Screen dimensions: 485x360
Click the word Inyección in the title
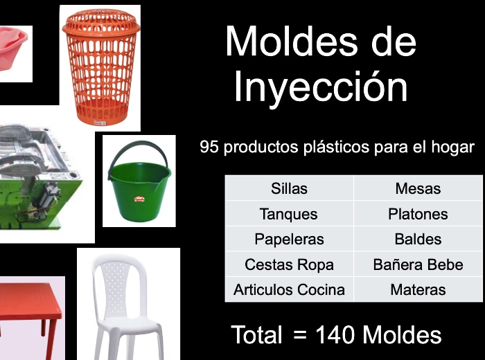[321, 86]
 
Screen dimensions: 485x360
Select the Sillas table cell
[289, 188]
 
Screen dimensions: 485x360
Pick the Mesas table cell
[418, 188]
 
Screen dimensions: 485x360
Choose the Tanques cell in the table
[289, 213]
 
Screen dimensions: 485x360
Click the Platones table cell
[418, 213]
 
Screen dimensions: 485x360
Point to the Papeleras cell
[289, 239]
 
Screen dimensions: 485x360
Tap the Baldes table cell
[418, 239]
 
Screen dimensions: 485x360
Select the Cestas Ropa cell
[289, 264]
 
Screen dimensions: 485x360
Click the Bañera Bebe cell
[418, 264]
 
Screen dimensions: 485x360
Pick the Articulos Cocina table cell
[289, 289]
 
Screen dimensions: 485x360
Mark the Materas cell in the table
[418, 289]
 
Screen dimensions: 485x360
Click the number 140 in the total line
[335, 334]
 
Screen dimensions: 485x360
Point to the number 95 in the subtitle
[209, 147]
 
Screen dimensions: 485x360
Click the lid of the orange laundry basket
[101, 21]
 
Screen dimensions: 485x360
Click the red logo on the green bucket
[139, 199]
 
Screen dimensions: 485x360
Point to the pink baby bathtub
[12, 48]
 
